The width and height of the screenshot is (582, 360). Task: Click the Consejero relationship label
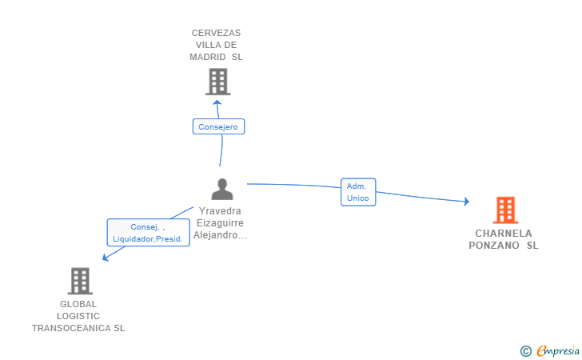(x=218, y=126)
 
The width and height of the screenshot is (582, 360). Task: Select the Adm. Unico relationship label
(x=357, y=192)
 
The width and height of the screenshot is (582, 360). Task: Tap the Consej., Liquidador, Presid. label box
(x=148, y=232)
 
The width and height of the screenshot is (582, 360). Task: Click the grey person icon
(x=221, y=189)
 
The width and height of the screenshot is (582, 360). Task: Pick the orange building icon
(x=505, y=210)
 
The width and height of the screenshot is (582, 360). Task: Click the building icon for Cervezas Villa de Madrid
(x=217, y=81)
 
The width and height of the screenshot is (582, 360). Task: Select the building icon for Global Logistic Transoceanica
(x=80, y=281)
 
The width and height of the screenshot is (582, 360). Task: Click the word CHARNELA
(x=503, y=234)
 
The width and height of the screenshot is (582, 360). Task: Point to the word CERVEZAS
(x=216, y=33)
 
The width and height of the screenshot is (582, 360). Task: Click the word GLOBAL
(x=78, y=304)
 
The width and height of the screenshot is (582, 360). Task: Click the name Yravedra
(x=221, y=211)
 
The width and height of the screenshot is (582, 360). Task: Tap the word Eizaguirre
(x=221, y=223)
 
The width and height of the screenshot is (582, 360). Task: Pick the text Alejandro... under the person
(x=220, y=235)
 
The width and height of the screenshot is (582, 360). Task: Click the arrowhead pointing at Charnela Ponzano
(x=466, y=202)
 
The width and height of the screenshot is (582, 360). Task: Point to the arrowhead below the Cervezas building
(x=217, y=102)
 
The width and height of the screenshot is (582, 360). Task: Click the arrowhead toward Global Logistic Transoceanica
(x=105, y=257)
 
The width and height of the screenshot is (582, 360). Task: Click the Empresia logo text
(x=557, y=350)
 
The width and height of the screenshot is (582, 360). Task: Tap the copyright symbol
(x=525, y=350)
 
